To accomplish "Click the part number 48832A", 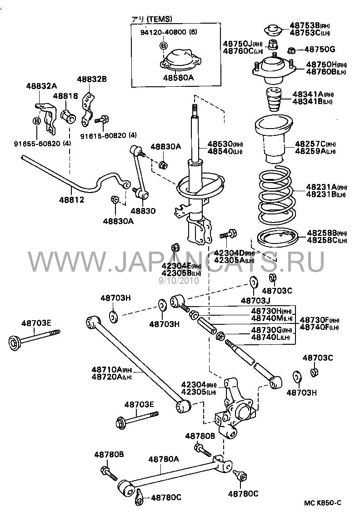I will coord(41,86).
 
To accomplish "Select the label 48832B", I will coord(91,79).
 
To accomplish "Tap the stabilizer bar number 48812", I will coord(71,199).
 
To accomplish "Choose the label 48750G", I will coord(319,49).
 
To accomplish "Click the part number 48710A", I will coord(105,370).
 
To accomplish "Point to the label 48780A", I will coord(164,459).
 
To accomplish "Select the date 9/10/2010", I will coord(179,281).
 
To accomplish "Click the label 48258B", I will coord(314,233).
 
